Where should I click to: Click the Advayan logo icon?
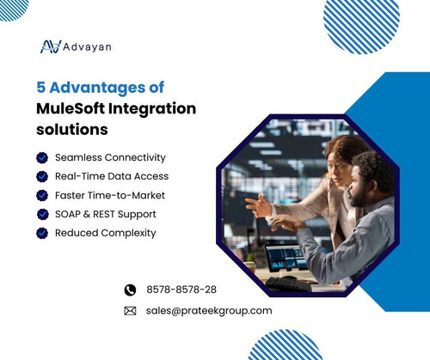51,46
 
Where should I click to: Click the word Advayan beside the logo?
86,46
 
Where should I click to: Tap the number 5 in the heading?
41,88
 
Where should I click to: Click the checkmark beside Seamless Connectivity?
41,158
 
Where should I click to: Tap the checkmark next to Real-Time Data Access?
41,177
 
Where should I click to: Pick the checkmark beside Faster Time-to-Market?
41,196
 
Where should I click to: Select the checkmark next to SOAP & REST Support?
41,214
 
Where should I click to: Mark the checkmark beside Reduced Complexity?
41,233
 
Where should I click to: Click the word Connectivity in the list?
135,158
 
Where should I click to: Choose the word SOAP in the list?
71,214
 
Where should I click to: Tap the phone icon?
131,290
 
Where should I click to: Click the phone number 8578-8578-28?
181,290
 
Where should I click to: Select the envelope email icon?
131,311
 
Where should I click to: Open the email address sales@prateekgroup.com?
209,311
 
